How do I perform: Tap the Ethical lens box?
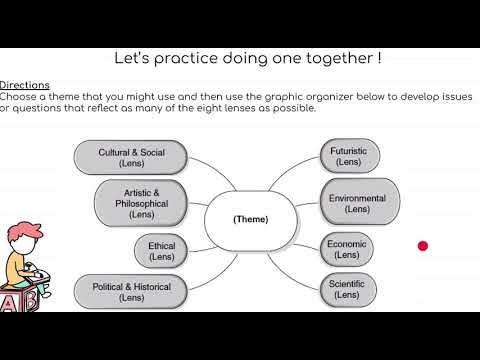(x=162, y=251)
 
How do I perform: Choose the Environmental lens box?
(x=357, y=203)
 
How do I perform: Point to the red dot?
(x=423, y=246)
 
